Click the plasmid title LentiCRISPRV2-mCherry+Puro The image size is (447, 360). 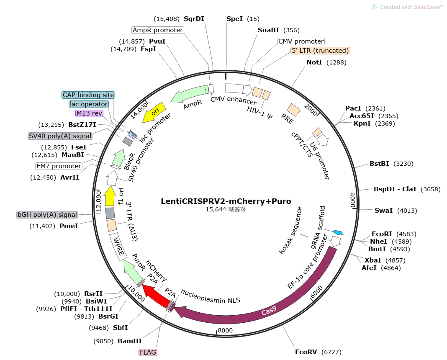pyautogui.click(x=226, y=201)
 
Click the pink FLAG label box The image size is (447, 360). pyautogui.click(x=148, y=352)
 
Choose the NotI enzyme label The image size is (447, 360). pyautogui.click(x=314, y=62)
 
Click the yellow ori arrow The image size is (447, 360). pyautogui.click(x=153, y=113)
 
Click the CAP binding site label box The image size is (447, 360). pyautogui.click(x=88, y=95)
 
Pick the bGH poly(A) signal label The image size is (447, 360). pyautogui.click(x=47, y=215)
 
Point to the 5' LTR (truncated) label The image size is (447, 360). pyautogui.click(x=320, y=51)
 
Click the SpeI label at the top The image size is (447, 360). pyautogui.click(x=234, y=19)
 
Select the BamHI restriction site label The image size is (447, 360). pyautogui.click(x=130, y=341)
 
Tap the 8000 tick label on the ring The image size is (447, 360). pyautogui.click(x=225, y=331)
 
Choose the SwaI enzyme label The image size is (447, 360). pyautogui.click(x=384, y=210)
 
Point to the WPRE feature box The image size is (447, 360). pyautogui.click(x=117, y=247)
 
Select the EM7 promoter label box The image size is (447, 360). pyautogui.click(x=59, y=166)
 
